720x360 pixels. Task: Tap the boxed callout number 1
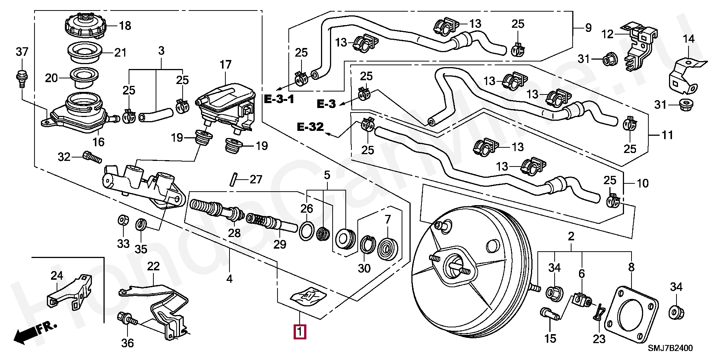coord(300,332)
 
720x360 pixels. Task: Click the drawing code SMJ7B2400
coord(670,348)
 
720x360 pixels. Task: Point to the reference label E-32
coord(310,127)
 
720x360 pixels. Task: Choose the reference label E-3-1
coord(279,99)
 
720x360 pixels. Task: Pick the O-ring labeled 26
coord(307,231)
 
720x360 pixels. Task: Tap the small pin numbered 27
coord(233,178)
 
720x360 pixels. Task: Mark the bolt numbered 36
coord(128,319)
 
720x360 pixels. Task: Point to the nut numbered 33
coord(123,220)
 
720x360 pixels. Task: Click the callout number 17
coord(225,65)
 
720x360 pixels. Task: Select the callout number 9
coord(588,28)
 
